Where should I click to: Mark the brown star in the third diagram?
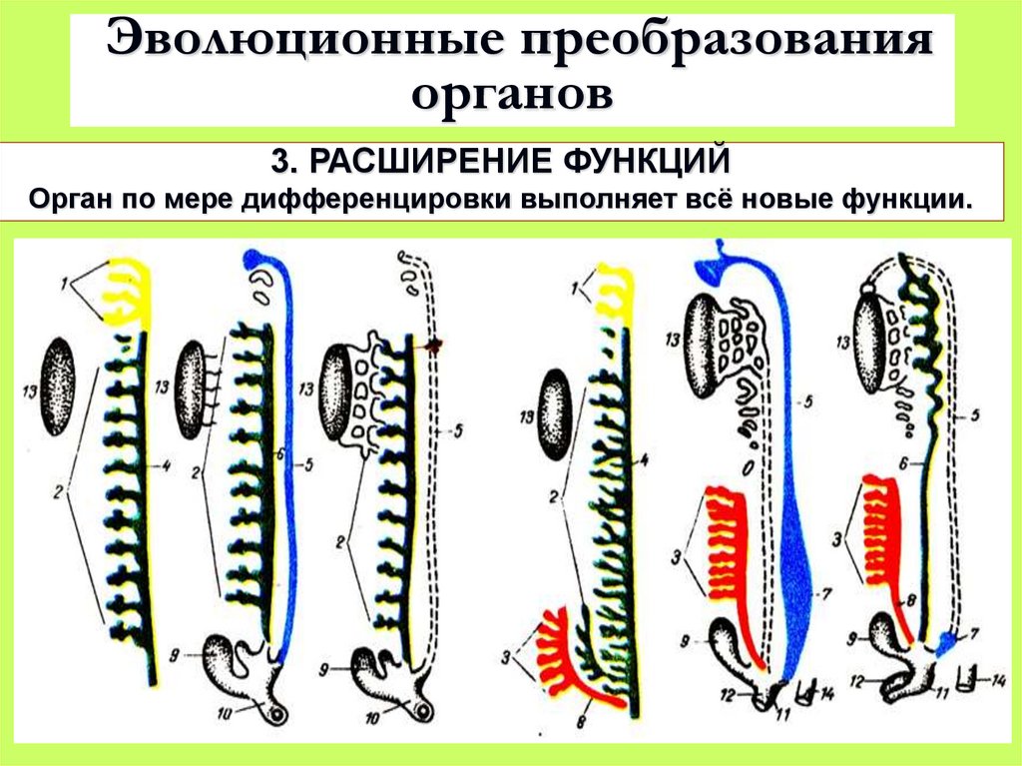434,347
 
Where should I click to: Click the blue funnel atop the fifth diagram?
714,264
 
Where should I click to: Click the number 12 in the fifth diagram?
731,691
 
